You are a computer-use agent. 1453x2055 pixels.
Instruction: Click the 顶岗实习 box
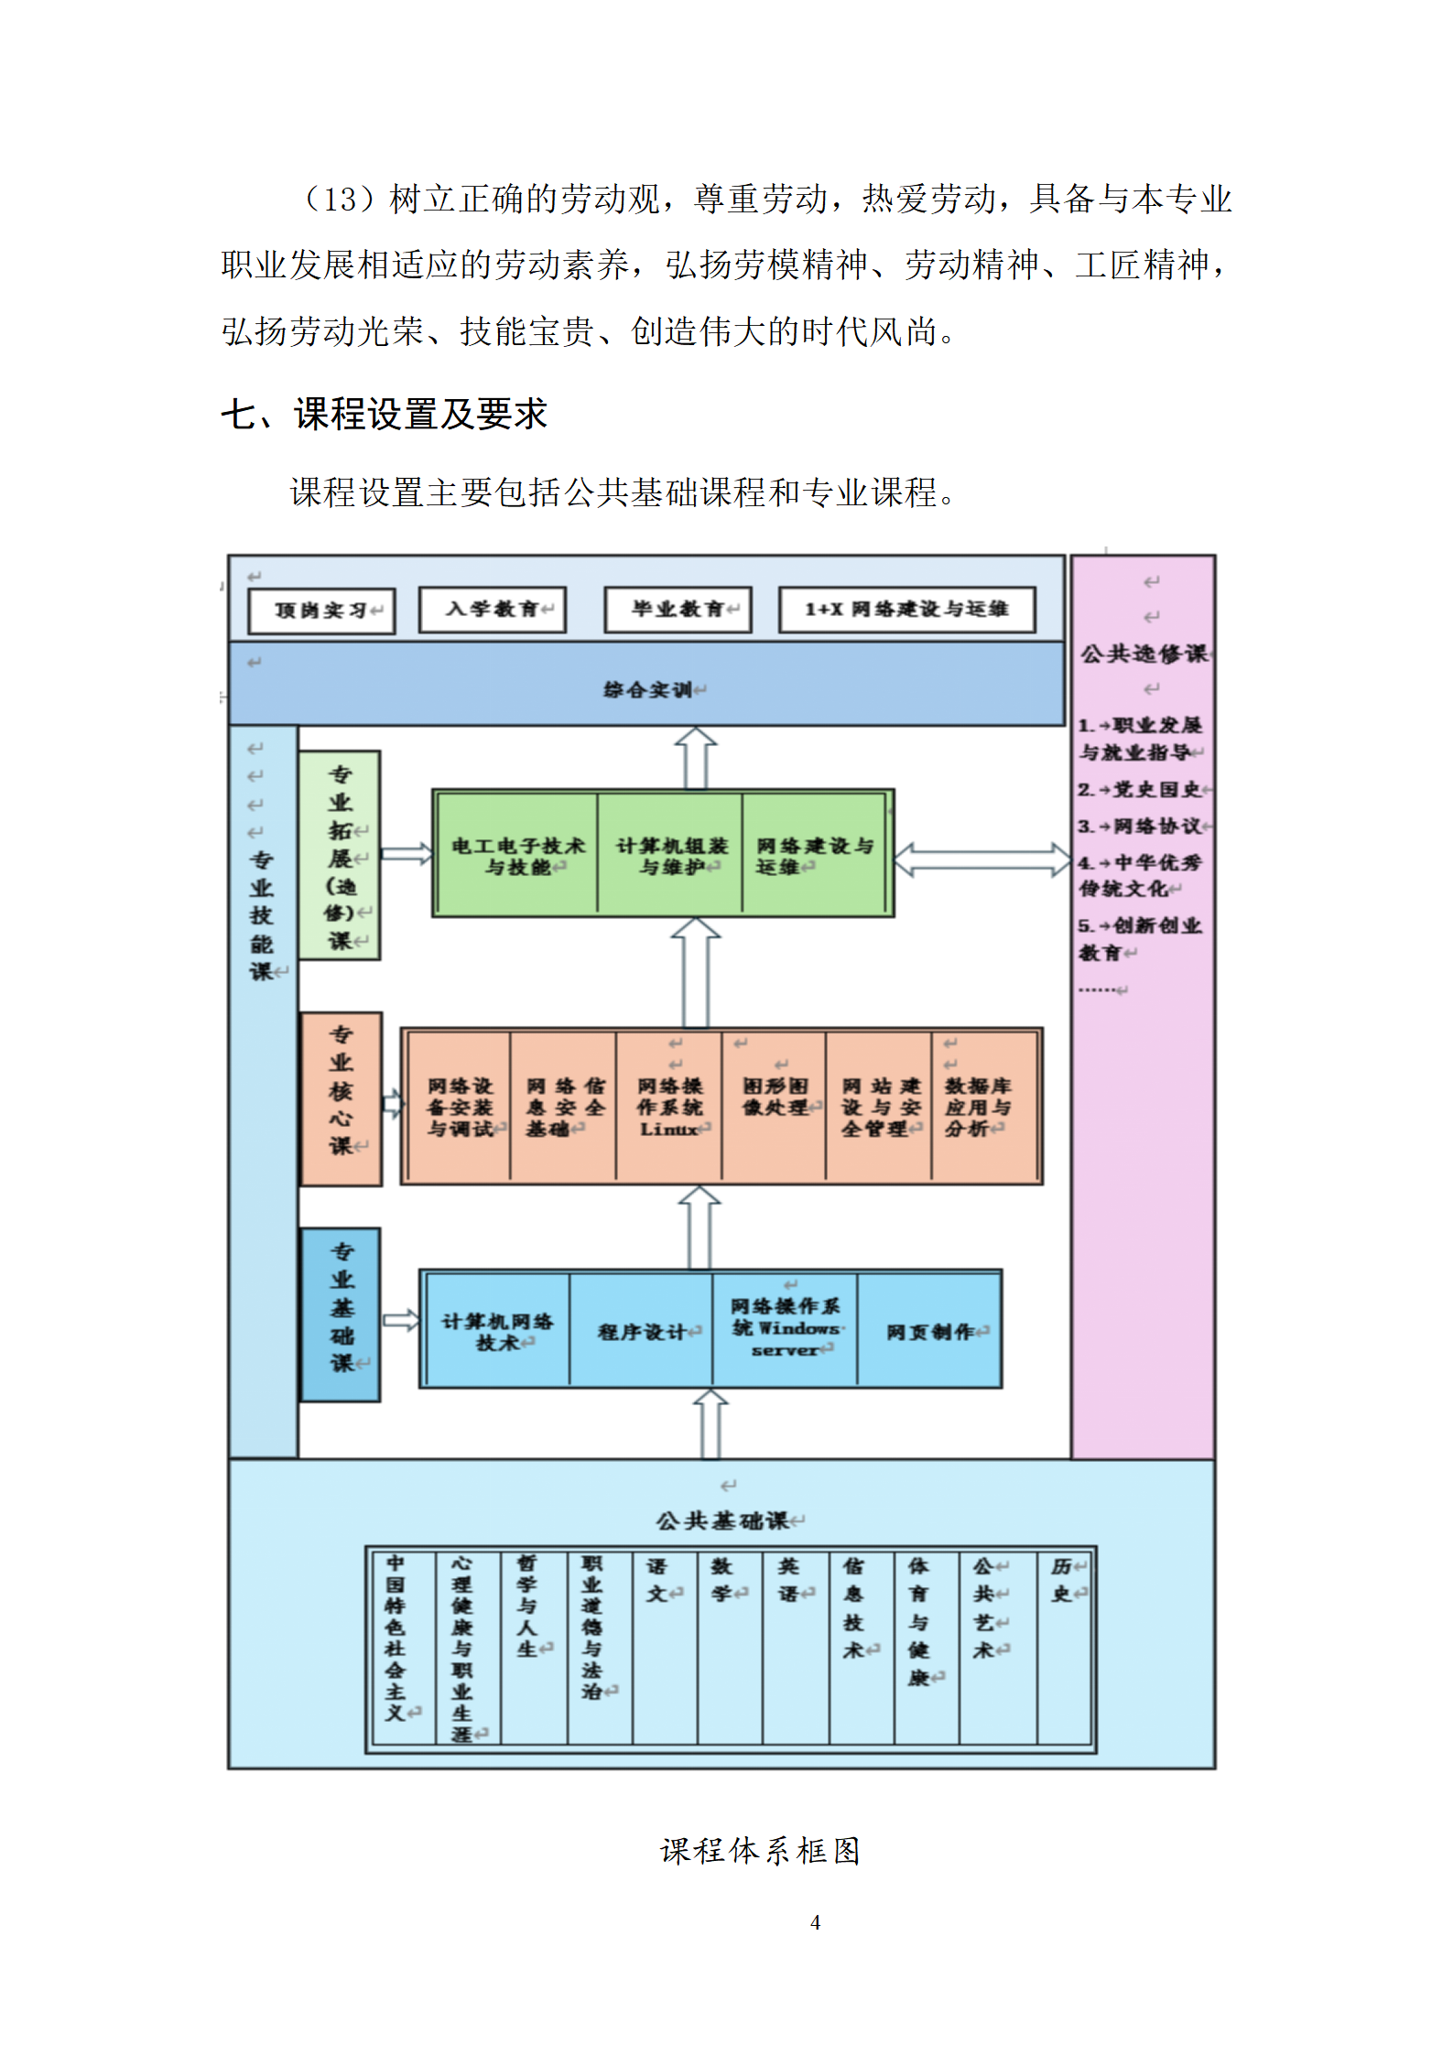(321, 611)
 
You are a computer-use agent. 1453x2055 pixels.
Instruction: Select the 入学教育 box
(493, 610)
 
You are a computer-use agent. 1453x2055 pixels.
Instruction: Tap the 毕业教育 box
(678, 610)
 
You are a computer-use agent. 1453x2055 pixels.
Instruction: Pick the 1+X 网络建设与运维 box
(906, 610)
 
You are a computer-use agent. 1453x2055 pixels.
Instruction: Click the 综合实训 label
(648, 689)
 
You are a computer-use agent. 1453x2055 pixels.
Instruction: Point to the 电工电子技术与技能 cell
(517, 855)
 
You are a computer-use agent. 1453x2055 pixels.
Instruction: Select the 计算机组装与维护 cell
(671, 855)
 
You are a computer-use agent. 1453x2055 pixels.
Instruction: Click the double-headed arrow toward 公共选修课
(981, 860)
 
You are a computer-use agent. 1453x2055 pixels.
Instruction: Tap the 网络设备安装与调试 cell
(460, 1107)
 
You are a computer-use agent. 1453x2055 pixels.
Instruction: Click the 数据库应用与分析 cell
(978, 1107)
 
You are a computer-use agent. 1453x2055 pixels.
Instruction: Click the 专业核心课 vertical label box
(341, 1098)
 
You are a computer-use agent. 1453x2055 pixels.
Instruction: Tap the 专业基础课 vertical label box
(341, 1314)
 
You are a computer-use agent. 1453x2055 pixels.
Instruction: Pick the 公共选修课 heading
(1144, 654)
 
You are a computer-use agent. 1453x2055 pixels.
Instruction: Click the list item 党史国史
(1144, 789)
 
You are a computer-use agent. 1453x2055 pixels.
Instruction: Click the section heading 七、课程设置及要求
(385, 415)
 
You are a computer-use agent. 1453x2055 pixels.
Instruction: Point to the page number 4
(815, 1922)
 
